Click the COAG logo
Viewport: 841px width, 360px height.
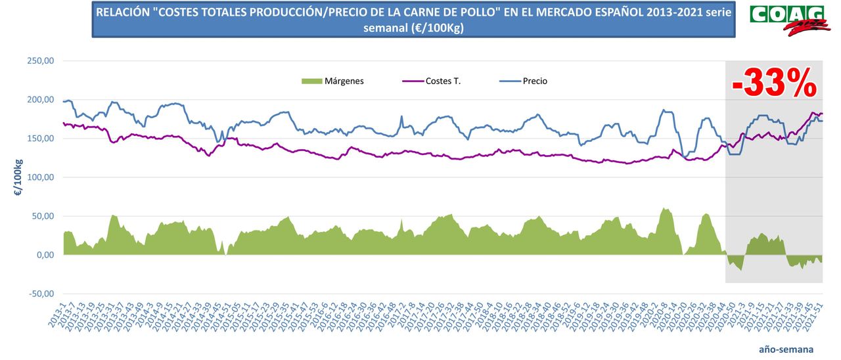tap(786, 18)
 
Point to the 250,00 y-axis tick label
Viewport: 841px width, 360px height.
tap(41, 61)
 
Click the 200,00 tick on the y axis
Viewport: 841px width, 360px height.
tap(41, 100)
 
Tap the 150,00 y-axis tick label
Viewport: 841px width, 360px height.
tap(41, 139)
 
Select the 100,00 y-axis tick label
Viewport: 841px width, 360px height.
tap(41, 177)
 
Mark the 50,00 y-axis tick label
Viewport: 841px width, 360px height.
tap(43, 216)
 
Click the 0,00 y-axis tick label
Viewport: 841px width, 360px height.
tap(45, 255)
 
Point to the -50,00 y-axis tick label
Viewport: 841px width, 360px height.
tap(41, 294)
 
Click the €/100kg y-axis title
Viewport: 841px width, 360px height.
tap(18, 177)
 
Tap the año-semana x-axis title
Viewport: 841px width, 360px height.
tap(786, 349)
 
